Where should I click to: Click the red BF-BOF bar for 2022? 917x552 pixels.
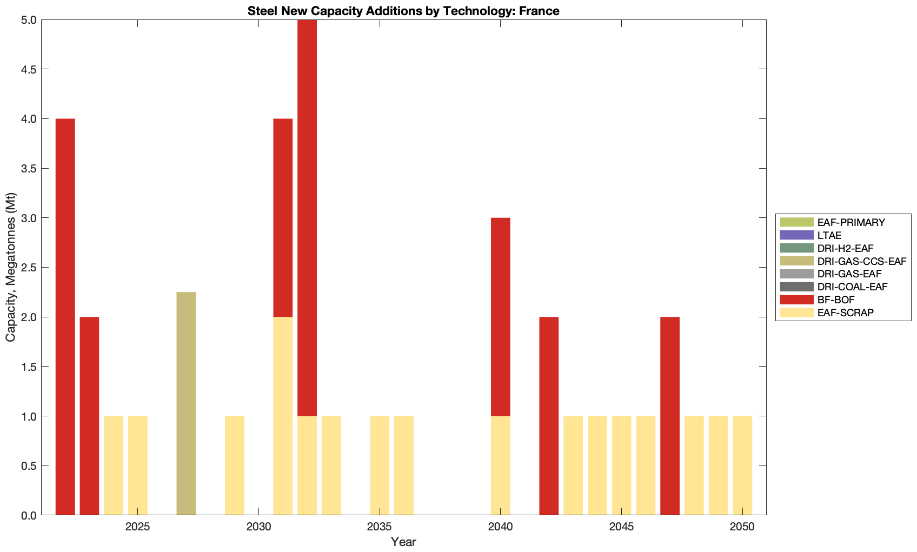click(65, 316)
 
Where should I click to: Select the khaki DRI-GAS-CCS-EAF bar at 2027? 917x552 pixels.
click(186, 403)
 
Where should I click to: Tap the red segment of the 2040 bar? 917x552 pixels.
click(500, 317)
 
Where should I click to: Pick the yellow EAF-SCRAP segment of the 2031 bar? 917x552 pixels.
click(283, 416)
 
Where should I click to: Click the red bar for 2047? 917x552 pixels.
click(670, 416)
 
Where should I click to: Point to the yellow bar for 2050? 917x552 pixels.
click(742, 465)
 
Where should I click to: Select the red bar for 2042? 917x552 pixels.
click(549, 416)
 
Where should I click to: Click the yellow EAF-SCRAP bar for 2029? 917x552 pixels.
click(235, 465)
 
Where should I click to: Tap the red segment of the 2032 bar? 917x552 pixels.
click(307, 217)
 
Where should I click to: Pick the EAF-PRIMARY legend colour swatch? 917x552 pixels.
click(796, 222)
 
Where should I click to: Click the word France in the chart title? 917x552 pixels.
click(539, 11)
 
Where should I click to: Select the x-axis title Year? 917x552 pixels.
click(403, 542)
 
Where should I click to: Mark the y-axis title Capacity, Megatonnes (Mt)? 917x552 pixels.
click(11, 267)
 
